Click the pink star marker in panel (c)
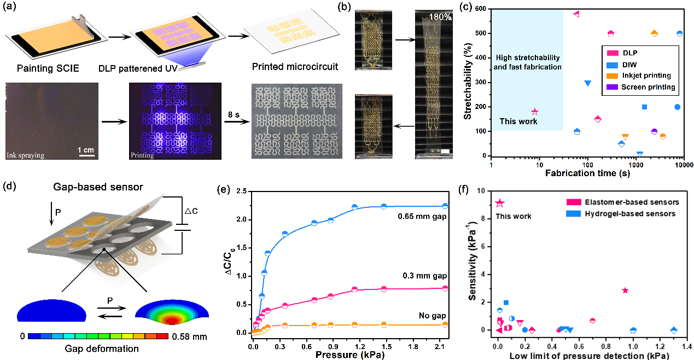tap(535, 112)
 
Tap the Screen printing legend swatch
tap(610, 87)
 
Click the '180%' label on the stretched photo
tap(440, 18)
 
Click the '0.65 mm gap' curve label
tap(422, 216)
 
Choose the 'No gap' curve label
tap(435, 316)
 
